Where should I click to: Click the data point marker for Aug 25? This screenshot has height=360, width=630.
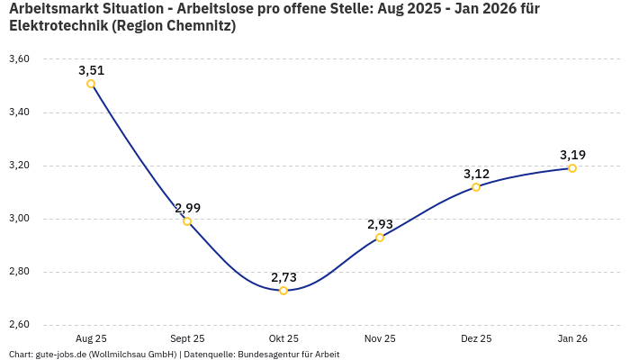91,84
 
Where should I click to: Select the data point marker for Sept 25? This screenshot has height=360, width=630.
187,221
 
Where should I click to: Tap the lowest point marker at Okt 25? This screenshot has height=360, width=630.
283,291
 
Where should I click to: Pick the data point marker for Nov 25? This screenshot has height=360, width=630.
380,238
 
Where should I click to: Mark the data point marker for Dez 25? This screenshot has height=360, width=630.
476,187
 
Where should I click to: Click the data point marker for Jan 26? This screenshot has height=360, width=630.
572,168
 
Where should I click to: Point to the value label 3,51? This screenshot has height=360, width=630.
91,70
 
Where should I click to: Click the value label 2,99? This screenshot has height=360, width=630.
187,208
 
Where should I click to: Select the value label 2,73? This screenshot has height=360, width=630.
283,277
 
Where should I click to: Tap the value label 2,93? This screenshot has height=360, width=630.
380,224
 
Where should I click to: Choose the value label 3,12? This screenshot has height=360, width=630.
476,174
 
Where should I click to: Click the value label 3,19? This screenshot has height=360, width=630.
572,155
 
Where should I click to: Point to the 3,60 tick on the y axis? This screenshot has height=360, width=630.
19,59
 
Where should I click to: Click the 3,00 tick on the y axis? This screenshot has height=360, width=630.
19,219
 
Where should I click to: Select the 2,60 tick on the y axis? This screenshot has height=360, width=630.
19,325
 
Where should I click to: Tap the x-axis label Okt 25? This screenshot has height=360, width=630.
283,339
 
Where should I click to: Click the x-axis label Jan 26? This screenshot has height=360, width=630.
572,339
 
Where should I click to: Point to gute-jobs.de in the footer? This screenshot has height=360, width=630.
61,355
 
